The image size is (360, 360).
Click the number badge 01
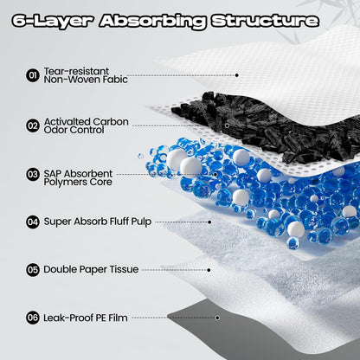pos(33,75)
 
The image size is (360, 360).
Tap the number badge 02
pos(33,125)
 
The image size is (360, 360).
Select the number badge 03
pos(33,175)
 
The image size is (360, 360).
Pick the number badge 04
pos(33,222)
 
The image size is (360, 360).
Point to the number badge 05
pos(33,270)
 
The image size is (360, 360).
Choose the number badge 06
pos(33,318)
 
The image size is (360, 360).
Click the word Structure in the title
pos(265,21)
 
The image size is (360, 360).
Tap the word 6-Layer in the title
pos(53,21)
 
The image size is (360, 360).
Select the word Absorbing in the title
pos(152,21)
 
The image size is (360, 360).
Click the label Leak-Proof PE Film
pos(86,318)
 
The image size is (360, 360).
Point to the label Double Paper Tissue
pos(91,269)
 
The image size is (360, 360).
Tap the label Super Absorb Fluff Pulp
pos(98,222)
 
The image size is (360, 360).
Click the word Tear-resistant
pos(76,71)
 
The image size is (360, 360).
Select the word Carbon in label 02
pos(111,122)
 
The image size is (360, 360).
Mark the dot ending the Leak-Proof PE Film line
pos(217,318)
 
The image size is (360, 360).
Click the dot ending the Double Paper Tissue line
pos(209,270)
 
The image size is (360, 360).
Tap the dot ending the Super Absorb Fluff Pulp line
pos(209,222)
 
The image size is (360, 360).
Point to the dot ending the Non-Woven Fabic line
pos(236,75)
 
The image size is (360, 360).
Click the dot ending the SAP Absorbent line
pos(215,175)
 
